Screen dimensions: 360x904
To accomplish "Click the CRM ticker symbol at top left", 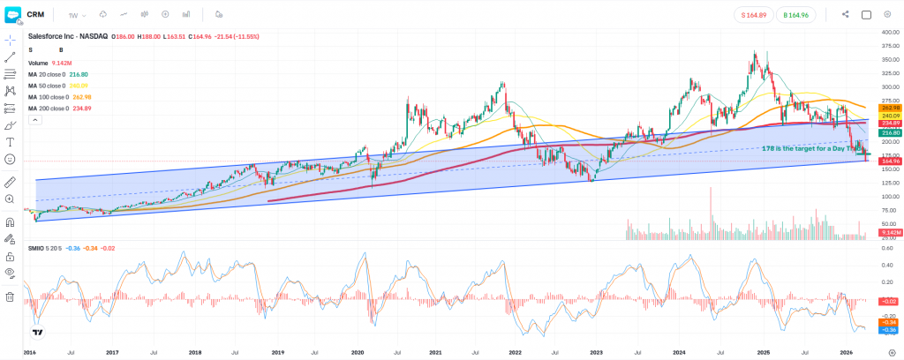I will click(x=35, y=14).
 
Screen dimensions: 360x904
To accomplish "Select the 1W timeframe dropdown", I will click(x=76, y=14).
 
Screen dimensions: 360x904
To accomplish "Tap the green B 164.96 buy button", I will click(x=796, y=14).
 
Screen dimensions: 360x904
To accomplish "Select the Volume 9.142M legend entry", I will click(x=49, y=63).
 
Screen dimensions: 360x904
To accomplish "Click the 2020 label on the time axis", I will click(x=358, y=351).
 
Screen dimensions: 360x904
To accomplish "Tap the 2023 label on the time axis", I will click(x=597, y=351).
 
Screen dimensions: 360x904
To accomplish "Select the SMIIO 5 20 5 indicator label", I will click(x=44, y=248).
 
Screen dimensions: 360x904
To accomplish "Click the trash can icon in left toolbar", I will click(x=10, y=297).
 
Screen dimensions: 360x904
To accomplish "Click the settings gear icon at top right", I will click(x=887, y=14).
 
